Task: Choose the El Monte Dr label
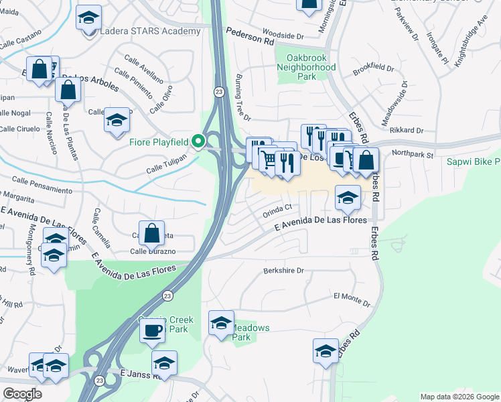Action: point(351,295)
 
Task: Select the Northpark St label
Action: point(413,154)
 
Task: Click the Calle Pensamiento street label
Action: point(42,186)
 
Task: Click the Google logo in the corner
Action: point(22,394)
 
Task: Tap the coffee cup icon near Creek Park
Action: point(153,330)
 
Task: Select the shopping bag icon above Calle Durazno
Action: point(152,233)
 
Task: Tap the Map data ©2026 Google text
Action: point(459,397)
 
